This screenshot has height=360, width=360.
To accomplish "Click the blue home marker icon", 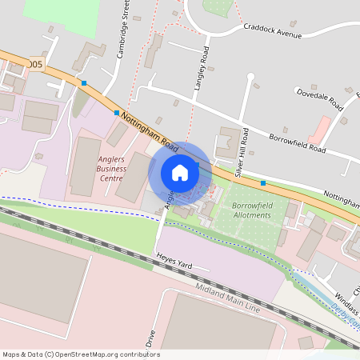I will pyautogui.click(x=180, y=173).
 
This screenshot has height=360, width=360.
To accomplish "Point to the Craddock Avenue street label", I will pyautogui.click(x=272, y=30).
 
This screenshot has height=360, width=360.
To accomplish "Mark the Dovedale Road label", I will pyautogui.click(x=319, y=98).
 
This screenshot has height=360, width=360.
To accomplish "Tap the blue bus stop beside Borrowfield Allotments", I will pyautogui.click(x=263, y=183).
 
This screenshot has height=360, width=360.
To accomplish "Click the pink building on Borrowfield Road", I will pyautogui.click(x=320, y=129).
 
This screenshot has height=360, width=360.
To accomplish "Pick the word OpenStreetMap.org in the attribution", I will pyautogui.click(x=90, y=354).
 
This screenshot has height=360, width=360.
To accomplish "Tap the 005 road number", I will pyautogui.click(x=34, y=63).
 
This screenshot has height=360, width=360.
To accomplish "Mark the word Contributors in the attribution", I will pyautogui.click(x=138, y=354).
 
